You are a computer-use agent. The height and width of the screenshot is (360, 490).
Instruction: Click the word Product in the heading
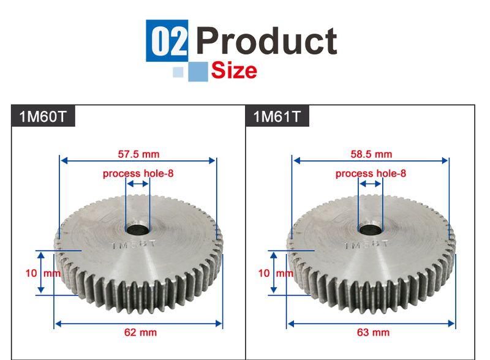coord(266,40)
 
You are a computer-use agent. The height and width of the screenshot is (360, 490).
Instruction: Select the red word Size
coord(233,70)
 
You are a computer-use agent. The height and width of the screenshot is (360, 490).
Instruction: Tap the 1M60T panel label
coord(43,116)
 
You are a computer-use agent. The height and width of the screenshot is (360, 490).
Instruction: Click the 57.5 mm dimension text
coord(138,154)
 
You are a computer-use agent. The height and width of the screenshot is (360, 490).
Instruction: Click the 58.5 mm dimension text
coord(371,154)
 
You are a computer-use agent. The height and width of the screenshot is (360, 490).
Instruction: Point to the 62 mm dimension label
coord(140,332)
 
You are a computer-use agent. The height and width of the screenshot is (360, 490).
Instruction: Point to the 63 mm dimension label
coord(373,332)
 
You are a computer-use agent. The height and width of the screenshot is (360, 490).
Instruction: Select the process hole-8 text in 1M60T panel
coord(138,173)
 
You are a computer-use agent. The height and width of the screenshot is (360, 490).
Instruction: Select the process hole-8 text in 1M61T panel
coord(371,173)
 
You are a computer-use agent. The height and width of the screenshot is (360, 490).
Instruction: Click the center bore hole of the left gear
coord(137,230)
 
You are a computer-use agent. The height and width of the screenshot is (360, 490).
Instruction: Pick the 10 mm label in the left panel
coord(42,273)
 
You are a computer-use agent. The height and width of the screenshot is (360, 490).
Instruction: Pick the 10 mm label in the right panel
coord(274,273)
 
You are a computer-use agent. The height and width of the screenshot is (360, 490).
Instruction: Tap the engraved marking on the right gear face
coord(366,246)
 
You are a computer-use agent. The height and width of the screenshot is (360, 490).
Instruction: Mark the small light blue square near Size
coord(178,72)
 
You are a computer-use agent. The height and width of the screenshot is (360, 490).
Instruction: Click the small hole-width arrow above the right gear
coord(370,184)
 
